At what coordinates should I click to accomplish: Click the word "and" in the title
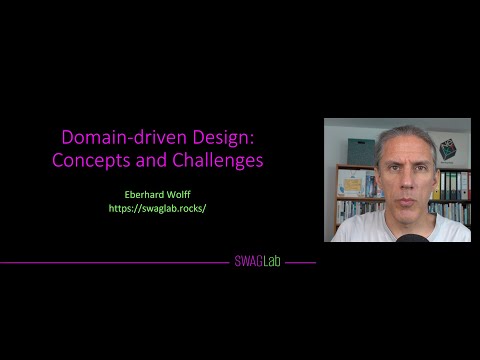click(x=158, y=159)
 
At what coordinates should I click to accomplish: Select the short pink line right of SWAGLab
click(x=299, y=263)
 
